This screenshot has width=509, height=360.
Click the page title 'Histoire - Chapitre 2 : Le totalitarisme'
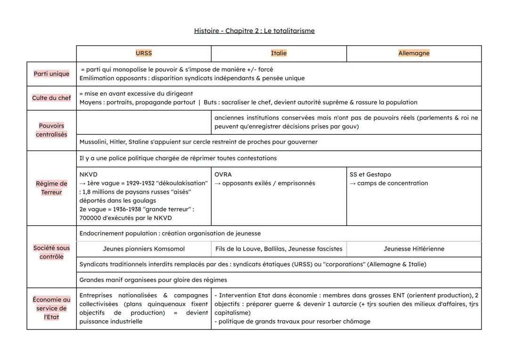(254, 31)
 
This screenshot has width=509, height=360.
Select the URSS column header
(144, 53)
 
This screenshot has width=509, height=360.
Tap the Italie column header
(279, 53)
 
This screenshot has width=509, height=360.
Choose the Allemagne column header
(414, 53)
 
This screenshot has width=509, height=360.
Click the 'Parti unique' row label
(51, 74)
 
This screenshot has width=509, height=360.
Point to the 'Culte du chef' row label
(51, 98)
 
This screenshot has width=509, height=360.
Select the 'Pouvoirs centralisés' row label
(51, 130)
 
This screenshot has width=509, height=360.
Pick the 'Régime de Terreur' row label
(51, 188)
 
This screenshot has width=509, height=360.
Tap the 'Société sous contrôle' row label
(51, 252)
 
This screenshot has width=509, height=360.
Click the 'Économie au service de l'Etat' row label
(51, 308)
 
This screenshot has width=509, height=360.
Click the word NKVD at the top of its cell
(89, 174)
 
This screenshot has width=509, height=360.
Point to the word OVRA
(223, 174)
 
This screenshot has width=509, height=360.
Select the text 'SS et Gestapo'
(370, 174)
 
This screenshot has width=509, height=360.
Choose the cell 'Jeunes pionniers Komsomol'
(144, 249)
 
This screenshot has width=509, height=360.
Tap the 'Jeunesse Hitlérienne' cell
(414, 249)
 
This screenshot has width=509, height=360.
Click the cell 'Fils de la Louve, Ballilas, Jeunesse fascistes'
(279, 249)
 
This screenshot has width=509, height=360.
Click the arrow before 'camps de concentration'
(353, 183)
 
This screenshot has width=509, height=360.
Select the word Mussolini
(93, 142)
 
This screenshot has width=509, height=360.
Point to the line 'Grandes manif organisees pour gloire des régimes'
(153, 280)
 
